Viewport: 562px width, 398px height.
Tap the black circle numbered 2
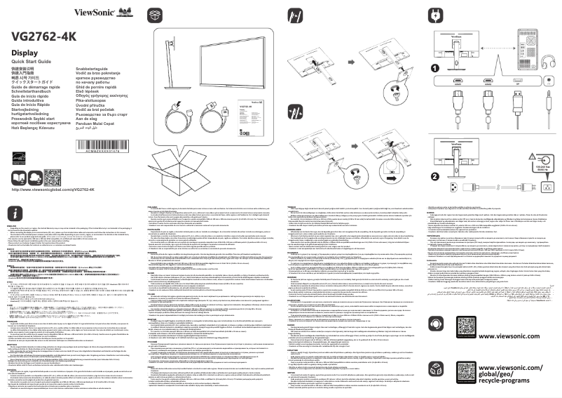[x=435, y=176]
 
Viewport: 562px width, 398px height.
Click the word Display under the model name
[x=25, y=54]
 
